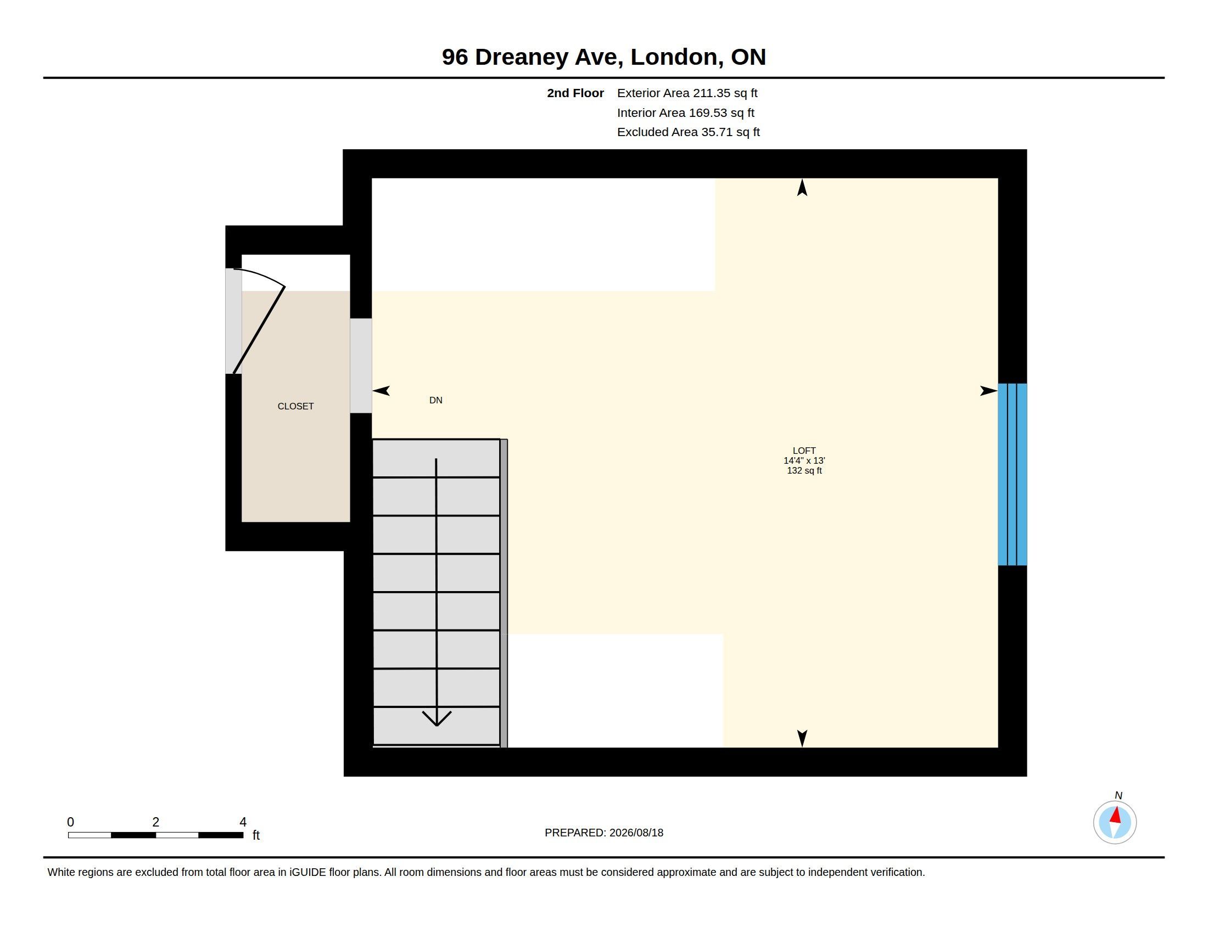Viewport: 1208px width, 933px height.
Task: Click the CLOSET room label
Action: [x=295, y=406]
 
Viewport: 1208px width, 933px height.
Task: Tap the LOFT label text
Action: [x=804, y=451]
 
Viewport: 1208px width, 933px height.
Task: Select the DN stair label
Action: [x=436, y=400]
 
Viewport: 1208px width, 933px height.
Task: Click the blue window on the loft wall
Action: [x=1012, y=474]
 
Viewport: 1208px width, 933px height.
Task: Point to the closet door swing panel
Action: [x=259, y=330]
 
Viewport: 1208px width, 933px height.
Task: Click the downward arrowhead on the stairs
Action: [x=437, y=718]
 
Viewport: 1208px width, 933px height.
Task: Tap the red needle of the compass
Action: [x=1116, y=815]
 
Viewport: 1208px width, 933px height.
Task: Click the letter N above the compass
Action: [x=1118, y=795]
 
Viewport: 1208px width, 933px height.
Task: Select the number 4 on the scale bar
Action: [x=243, y=822]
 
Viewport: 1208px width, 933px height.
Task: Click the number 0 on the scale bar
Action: [x=71, y=822]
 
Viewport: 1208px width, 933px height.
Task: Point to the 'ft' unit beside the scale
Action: [x=256, y=835]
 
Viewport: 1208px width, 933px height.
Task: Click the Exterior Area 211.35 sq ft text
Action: [x=687, y=93]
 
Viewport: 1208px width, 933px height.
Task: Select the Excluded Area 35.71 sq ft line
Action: [x=689, y=132]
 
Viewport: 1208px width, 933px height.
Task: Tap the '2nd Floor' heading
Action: [x=575, y=93]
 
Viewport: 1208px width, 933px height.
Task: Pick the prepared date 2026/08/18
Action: [x=636, y=833]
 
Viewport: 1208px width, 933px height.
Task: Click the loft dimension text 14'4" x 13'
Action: [x=804, y=460]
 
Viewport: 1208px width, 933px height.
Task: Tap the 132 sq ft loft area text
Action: [x=804, y=470]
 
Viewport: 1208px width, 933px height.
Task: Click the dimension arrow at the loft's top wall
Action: [x=802, y=187]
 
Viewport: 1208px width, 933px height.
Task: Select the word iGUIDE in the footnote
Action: [x=307, y=872]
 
